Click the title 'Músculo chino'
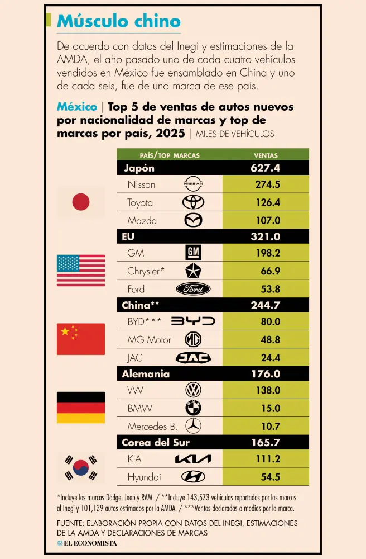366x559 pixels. click(x=119, y=21)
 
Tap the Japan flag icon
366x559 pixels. click(x=81, y=202)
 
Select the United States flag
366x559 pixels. click(x=81, y=271)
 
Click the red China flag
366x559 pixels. click(x=81, y=339)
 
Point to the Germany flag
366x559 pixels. click(x=81, y=407)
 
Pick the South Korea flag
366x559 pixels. click(x=81, y=467)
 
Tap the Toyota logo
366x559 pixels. click(x=193, y=202)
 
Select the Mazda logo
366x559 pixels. click(x=193, y=220)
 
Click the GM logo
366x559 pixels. click(x=193, y=253)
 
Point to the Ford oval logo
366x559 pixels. click(x=193, y=289)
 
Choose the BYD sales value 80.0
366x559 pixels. click(x=270, y=321)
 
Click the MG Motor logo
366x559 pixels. click(x=193, y=339)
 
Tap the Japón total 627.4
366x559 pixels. click(x=266, y=168)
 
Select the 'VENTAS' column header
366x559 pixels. click(x=266, y=155)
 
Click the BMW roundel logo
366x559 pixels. click(x=193, y=408)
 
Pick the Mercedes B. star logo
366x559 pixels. click(x=193, y=426)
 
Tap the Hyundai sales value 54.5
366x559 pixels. click(x=270, y=477)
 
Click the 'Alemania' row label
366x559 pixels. click(x=146, y=374)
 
